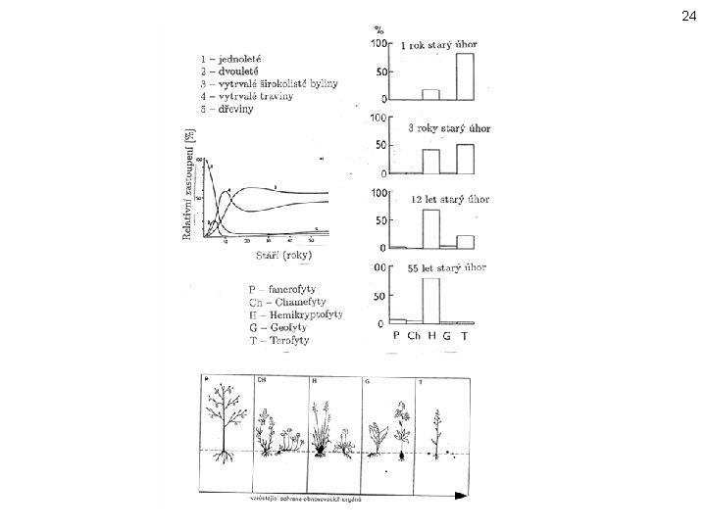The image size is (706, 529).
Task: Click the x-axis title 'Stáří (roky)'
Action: pyautogui.click(x=283, y=256)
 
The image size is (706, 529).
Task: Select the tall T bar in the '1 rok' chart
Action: pyautogui.click(x=464, y=76)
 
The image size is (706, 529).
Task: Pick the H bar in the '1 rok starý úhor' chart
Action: pyautogui.click(x=430, y=95)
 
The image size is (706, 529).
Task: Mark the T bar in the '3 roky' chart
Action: pyautogui.click(x=464, y=159)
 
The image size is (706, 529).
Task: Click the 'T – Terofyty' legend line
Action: pyautogui.click(x=278, y=340)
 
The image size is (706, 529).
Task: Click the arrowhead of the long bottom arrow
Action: pyautogui.click(x=461, y=500)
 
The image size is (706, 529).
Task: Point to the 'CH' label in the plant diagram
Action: pyautogui.click(x=264, y=378)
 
